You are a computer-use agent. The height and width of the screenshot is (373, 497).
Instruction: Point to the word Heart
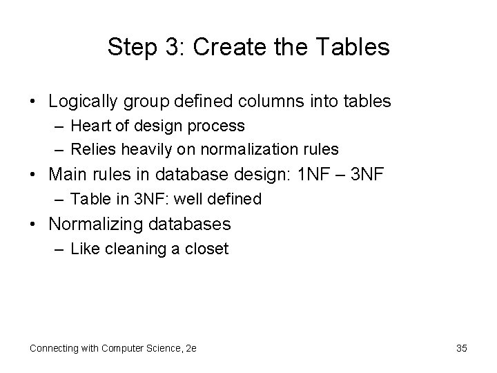click(x=92, y=126)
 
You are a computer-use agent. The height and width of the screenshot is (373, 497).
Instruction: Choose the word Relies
click(x=94, y=149)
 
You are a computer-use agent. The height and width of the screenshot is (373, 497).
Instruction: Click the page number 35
click(x=462, y=348)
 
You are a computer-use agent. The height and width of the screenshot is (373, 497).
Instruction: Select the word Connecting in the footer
click(x=55, y=348)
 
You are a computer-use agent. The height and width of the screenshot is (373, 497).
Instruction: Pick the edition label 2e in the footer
click(x=191, y=348)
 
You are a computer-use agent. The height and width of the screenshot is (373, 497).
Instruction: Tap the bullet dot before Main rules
click(x=33, y=175)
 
